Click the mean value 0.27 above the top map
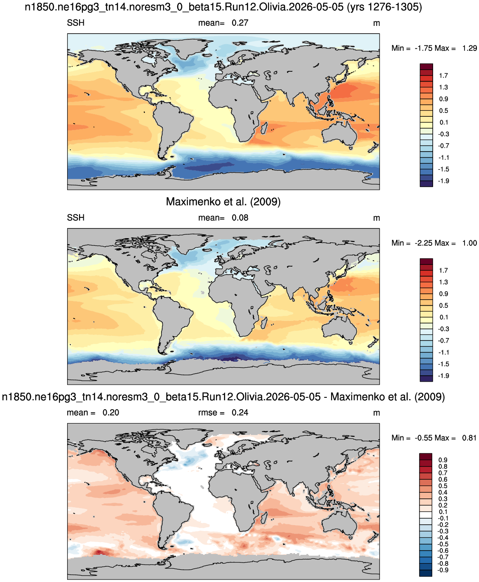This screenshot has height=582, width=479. coord(240,23)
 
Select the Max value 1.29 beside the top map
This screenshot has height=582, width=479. coord(470,48)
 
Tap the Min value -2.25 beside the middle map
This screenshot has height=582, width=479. coord(423,243)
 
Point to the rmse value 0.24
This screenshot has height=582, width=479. coord(240,413)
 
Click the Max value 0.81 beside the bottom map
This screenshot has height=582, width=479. coord(469,438)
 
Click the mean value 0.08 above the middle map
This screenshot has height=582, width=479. coord(240,218)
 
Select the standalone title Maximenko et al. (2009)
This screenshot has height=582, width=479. coord(223,202)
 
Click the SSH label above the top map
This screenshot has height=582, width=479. coord(76,22)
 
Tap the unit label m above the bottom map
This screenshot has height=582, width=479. coord(376,413)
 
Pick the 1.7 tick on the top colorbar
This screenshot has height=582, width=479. coord(443,76)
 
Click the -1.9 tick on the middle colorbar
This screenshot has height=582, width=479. coord(443,376)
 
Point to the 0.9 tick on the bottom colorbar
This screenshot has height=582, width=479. coord(443,460)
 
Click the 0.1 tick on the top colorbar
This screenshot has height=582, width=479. coord(443,123)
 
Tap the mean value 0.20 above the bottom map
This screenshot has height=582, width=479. coord(111,413)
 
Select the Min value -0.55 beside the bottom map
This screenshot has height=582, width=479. coord(423,438)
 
